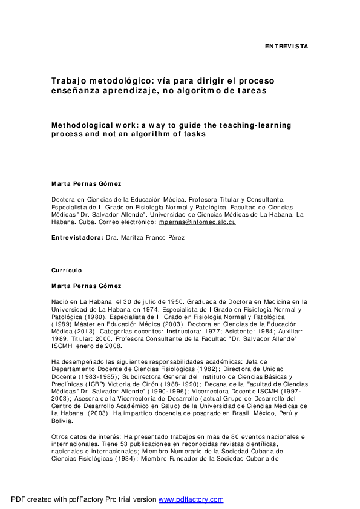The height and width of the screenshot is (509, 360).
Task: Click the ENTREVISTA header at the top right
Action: click(287, 46)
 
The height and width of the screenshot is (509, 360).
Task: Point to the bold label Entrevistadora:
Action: click(77, 237)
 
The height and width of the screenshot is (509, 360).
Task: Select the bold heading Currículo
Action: click(66, 270)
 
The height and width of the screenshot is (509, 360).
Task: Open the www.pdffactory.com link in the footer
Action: click(191, 499)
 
